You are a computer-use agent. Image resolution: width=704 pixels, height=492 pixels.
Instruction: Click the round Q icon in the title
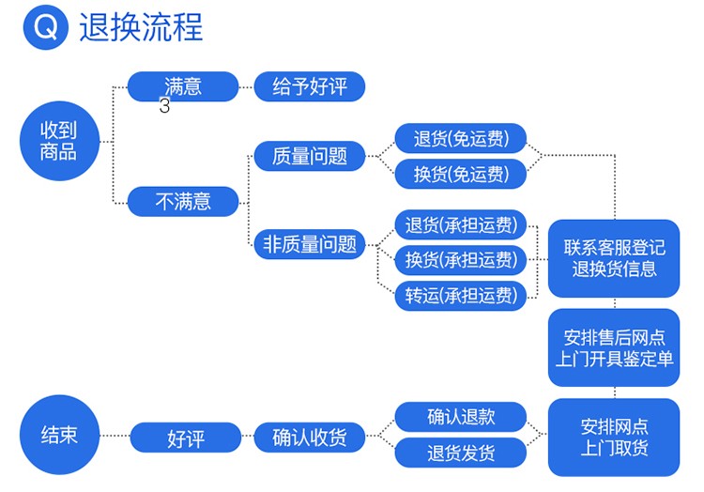46,27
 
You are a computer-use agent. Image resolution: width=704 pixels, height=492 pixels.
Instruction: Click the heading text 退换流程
141,27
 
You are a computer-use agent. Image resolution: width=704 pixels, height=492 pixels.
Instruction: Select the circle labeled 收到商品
59,141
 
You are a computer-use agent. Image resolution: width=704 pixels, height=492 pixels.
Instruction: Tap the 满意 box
183,86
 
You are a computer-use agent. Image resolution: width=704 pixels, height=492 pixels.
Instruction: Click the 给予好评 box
310,86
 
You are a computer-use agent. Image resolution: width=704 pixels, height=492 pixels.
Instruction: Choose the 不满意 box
183,202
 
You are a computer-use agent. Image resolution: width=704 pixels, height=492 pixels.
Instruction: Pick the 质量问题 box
310,156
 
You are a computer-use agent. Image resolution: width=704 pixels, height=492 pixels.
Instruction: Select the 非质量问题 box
310,244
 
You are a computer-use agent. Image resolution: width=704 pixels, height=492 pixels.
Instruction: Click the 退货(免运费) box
461,138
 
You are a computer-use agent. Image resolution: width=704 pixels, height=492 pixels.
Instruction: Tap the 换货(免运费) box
461,174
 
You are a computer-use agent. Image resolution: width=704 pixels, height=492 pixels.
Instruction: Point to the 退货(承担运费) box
461,224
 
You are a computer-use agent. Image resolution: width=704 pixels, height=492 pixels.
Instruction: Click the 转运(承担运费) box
461,296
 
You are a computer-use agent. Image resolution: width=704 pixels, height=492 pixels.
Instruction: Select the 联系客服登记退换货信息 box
614,258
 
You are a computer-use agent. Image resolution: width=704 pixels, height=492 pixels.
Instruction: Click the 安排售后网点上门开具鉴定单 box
614,347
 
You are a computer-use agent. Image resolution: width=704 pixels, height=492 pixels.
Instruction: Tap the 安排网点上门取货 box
614,438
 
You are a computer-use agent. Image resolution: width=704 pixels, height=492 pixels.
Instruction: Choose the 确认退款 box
461,417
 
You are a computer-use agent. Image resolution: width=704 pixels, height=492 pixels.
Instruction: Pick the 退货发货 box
461,453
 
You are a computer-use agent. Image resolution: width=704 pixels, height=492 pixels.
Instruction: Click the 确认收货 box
310,438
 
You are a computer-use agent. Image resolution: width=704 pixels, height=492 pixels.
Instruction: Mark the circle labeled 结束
59,435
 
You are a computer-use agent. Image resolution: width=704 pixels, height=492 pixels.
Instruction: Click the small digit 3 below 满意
165,106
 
